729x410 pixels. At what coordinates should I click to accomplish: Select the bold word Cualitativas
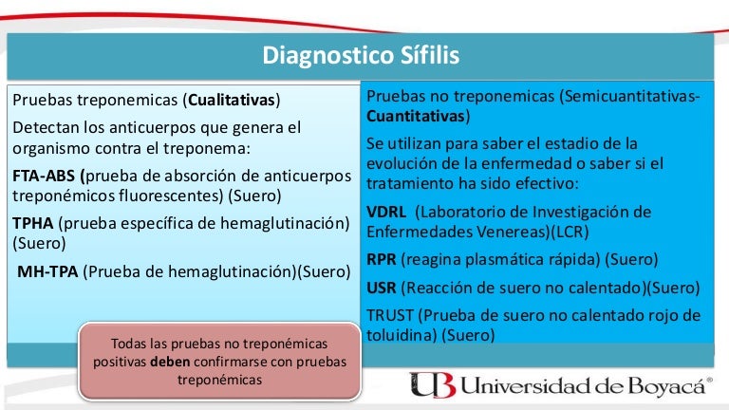(232, 100)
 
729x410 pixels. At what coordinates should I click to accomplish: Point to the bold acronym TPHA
(33, 223)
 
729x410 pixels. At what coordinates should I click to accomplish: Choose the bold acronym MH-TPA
(47, 271)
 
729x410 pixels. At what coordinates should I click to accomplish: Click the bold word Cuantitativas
(416, 116)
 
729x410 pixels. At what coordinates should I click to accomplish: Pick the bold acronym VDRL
(386, 212)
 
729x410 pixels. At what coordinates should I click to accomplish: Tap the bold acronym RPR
(382, 259)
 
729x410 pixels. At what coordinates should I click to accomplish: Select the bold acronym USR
(382, 288)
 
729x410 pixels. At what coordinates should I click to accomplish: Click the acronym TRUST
(389, 315)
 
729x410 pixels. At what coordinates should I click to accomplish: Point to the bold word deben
(170, 362)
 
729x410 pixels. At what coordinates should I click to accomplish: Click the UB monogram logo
(432, 385)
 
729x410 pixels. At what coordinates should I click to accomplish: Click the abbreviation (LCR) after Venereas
(570, 232)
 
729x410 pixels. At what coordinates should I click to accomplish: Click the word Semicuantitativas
(631, 96)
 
